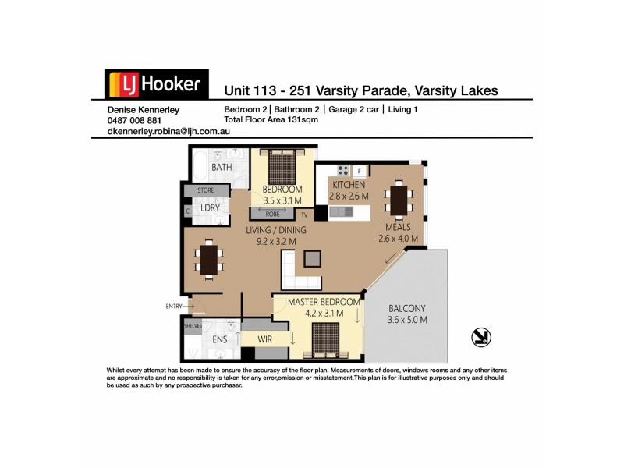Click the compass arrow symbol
coord(481,336)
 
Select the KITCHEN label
coord(348,185)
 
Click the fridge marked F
coord(360,170)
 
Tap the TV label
coord(305,214)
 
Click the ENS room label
coord(220,340)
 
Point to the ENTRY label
coord(173,306)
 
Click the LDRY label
coord(208,208)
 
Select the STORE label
coord(206,190)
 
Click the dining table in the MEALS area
coord(399,200)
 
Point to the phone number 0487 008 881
coord(134,121)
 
